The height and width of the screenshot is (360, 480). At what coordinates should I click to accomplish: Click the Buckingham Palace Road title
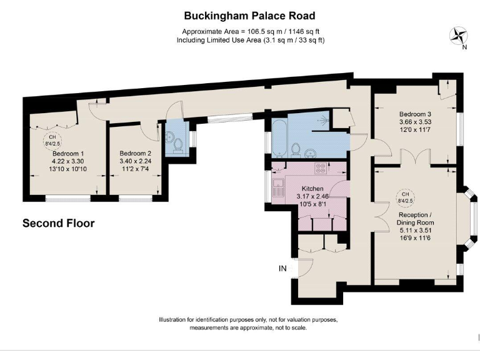pyautogui.click(x=249, y=16)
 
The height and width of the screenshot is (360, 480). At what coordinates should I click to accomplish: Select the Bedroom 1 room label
pyautogui.click(x=68, y=153)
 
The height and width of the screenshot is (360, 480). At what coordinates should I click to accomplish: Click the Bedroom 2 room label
pyautogui.click(x=135, y=153)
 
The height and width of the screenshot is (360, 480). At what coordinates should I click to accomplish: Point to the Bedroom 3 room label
pyautogui.click(x=416, y=114)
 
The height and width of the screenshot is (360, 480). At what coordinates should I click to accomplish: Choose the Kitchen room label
pyautogui.click(x=312, y=189)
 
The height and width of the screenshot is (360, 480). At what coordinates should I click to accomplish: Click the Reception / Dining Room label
pyautogui.click(x=415, y=219)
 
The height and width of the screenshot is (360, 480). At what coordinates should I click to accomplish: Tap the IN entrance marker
pyautogui.click(x=282, y=269)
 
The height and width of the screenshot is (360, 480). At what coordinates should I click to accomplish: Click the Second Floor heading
pyautogui.click(x=59, y=223)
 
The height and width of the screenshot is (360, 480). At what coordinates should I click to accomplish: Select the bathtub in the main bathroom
pyautogui.click(x=279, y=138)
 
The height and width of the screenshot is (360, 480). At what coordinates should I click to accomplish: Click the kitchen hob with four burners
pyautogui.click(x=321, y=168)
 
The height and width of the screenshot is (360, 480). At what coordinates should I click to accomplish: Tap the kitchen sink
pyautogui.click(x=279, y=187)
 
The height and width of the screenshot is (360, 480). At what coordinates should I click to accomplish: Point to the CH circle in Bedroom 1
pyautogui.click(x=52, y=141)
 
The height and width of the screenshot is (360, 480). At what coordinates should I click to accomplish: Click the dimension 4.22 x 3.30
pyautogui.click(x=68, y=161)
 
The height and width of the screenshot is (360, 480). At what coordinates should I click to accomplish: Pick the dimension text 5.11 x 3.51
pyautogui.click(x=416, y=230)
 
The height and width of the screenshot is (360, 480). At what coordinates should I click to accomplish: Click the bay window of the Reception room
pyautogui.click(x=470, y=219)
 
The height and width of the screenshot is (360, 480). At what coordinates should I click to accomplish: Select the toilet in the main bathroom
pyautogui.click(x=296, y=150)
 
